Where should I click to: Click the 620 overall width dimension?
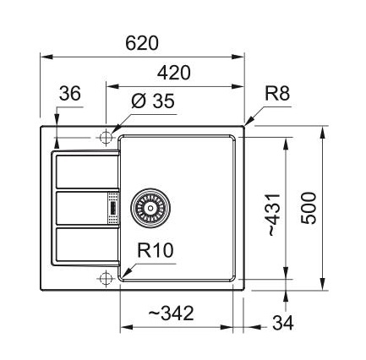click(x=142, y=43)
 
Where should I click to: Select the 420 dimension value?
click(x=174, y=73)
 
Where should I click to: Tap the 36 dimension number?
click(x=70, y=93)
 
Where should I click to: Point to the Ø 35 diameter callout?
click(x=153, y=101)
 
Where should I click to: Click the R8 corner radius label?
click(x=277, y=93)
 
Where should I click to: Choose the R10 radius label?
click(x=155, y=250)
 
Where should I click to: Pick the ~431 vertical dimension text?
click(x=274, y=215)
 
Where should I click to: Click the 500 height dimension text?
click(x=309, y=208)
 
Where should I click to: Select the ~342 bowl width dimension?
click(x=171, y=314)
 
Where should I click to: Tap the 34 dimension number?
click(x=283, y=323)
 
